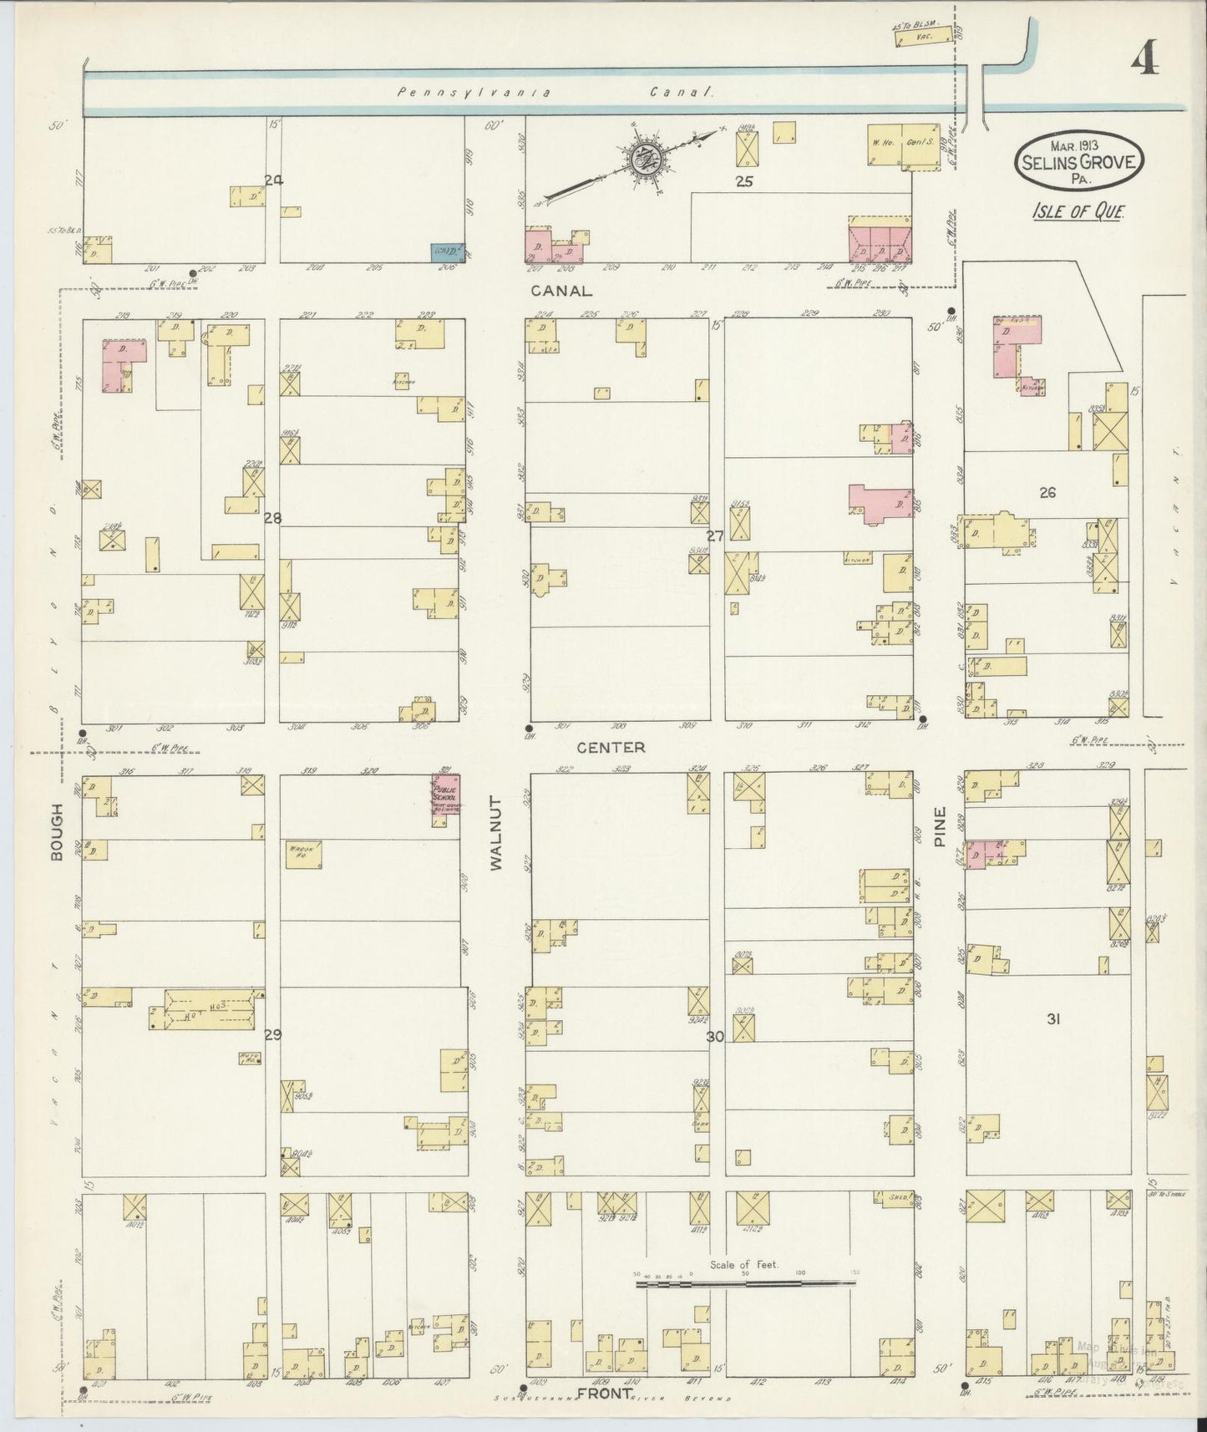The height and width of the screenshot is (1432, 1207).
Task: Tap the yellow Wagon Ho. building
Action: [302, 854]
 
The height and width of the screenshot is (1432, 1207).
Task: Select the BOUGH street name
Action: [58, 830]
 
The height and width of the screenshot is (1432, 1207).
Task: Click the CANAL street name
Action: [561, 291]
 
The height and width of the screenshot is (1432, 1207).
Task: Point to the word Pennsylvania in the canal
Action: [473, 93]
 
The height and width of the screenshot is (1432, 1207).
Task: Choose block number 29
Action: [272, 1034]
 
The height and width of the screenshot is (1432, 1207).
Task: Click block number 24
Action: [272, 180]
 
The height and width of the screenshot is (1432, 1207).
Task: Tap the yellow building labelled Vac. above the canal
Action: [923, 36]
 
